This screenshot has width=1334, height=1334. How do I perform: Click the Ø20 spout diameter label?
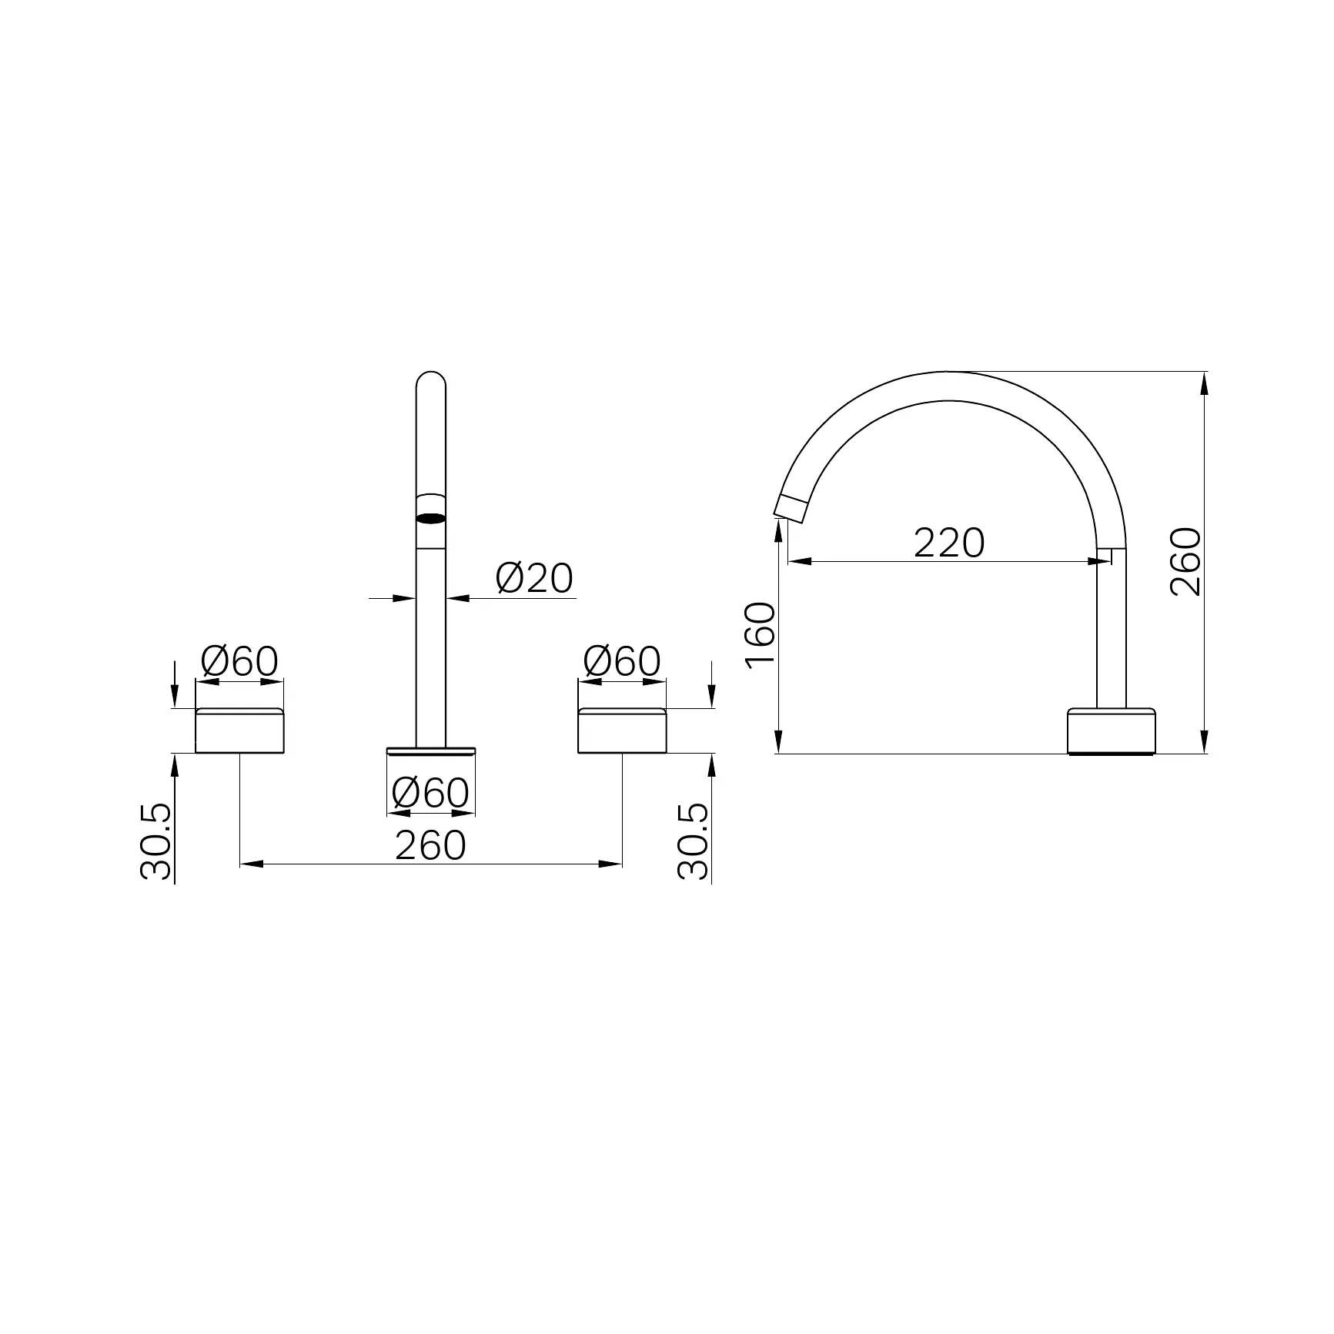tap(535, 578)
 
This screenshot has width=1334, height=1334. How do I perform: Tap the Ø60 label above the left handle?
tap(239, 661)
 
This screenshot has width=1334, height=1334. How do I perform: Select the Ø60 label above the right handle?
tap(622, 661)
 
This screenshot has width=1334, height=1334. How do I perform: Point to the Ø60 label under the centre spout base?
tap(430, 793)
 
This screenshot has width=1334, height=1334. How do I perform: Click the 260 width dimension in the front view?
tap(430, 845)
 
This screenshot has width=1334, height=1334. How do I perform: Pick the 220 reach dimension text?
tap(949, 543)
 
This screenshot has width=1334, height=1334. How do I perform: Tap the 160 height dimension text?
tap(761, 636)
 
